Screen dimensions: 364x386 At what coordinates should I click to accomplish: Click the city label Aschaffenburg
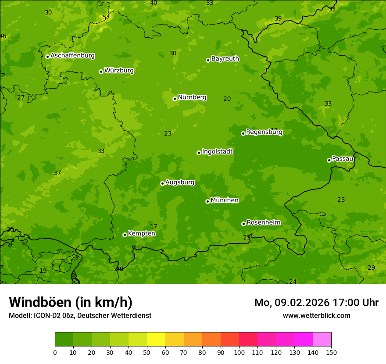pyautogui.click(x=72, y=56)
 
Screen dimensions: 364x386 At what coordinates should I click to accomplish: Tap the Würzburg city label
pyautogui.click(x=119, y=71)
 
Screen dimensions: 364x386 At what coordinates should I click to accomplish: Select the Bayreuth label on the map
pyautogui.click(x=225, y=59)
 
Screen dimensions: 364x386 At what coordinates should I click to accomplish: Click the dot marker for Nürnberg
pyautogui.click(x=175, y=99)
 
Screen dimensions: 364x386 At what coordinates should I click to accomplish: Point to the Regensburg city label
pyautogui.click(x=264, y=132)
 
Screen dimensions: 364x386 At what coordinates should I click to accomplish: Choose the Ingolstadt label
pyautogui.click(x=217, y=152)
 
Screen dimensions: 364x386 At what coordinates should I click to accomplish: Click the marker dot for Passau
pyautogui.click(x=329, y=160)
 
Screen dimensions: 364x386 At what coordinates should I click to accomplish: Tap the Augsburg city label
pyautogui.click(x=180, y=182)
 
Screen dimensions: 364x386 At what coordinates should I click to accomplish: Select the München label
pyautogui.click(x=225, y=200)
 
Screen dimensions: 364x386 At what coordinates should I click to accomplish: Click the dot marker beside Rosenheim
pyautogui.click(x=243, y=224)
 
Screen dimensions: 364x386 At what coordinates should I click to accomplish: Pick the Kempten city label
pyautogui.click(x=141, y=234)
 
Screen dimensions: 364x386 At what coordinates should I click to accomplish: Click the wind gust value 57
pyautogui.click(x=106, y=18)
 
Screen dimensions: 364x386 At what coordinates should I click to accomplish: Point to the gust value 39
pyautogui.click(x=278, y=18)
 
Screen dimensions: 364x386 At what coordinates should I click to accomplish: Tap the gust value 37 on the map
pyautogui.click(x=57, y=173)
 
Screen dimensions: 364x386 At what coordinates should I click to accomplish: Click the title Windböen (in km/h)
pyautogui.click(x=71, y=302)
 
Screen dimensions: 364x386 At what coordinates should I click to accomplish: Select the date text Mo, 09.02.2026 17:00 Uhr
pyautogui.click(x=316, y=303)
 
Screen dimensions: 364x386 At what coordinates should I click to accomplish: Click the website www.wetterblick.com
pyautogui.click(x=316, y=315)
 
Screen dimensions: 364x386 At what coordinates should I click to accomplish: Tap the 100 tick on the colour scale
pyautogui.click(x=239, y=352)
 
